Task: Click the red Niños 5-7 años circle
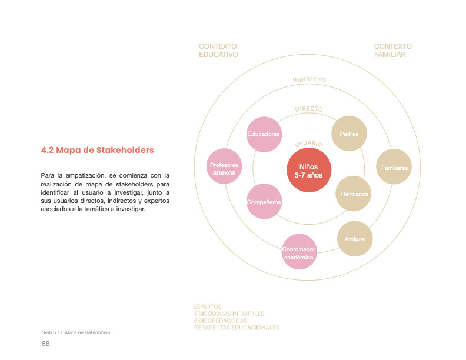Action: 309,171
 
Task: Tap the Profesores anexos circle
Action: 224,169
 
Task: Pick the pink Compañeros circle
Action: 264,202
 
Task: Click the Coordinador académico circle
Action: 299,252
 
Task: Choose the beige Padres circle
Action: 349,134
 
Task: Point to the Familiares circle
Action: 394,168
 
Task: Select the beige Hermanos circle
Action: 354,194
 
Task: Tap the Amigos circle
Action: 355,239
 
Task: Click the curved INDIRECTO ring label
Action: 309,80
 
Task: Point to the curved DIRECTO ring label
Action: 309,109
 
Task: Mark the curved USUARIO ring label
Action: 308,144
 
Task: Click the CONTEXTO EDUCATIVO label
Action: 218,51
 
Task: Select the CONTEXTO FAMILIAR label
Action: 392,51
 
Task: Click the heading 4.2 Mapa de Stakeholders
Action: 97,150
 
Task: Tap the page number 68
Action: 45,344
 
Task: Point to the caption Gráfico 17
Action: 72,332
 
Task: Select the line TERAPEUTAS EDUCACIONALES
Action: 236,328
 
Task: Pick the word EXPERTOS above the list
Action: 208,306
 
